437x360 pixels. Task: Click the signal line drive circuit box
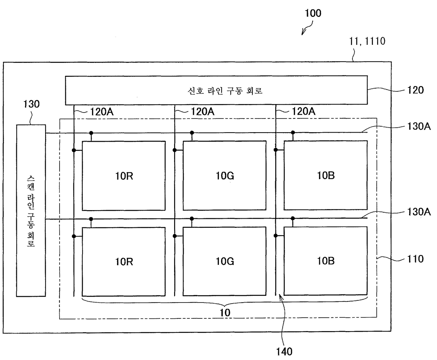[216, 90]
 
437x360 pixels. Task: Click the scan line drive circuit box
[31, 210]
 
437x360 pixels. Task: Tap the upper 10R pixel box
[124, 176]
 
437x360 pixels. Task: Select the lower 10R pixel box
[124, 261]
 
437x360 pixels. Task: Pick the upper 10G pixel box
[224, 176]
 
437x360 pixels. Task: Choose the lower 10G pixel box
[224, 261]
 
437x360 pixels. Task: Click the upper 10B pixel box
[326, 175]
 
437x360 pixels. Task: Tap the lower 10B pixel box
[326, 261]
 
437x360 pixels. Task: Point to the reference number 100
[313, 13]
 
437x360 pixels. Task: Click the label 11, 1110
[367, 41]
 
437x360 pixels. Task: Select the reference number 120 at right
[415, 90]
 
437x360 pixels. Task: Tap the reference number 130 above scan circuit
[31, 104]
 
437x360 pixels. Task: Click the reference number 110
[415, 259]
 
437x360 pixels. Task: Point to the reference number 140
[284, 352]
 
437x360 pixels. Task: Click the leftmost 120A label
[101, 112]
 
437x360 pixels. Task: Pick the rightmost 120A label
[303, 112]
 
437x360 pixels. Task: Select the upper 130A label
[419, 126]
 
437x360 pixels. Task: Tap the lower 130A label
[419, 212]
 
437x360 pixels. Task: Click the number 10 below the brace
[225, 312]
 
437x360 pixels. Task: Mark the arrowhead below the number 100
[303, 33]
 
